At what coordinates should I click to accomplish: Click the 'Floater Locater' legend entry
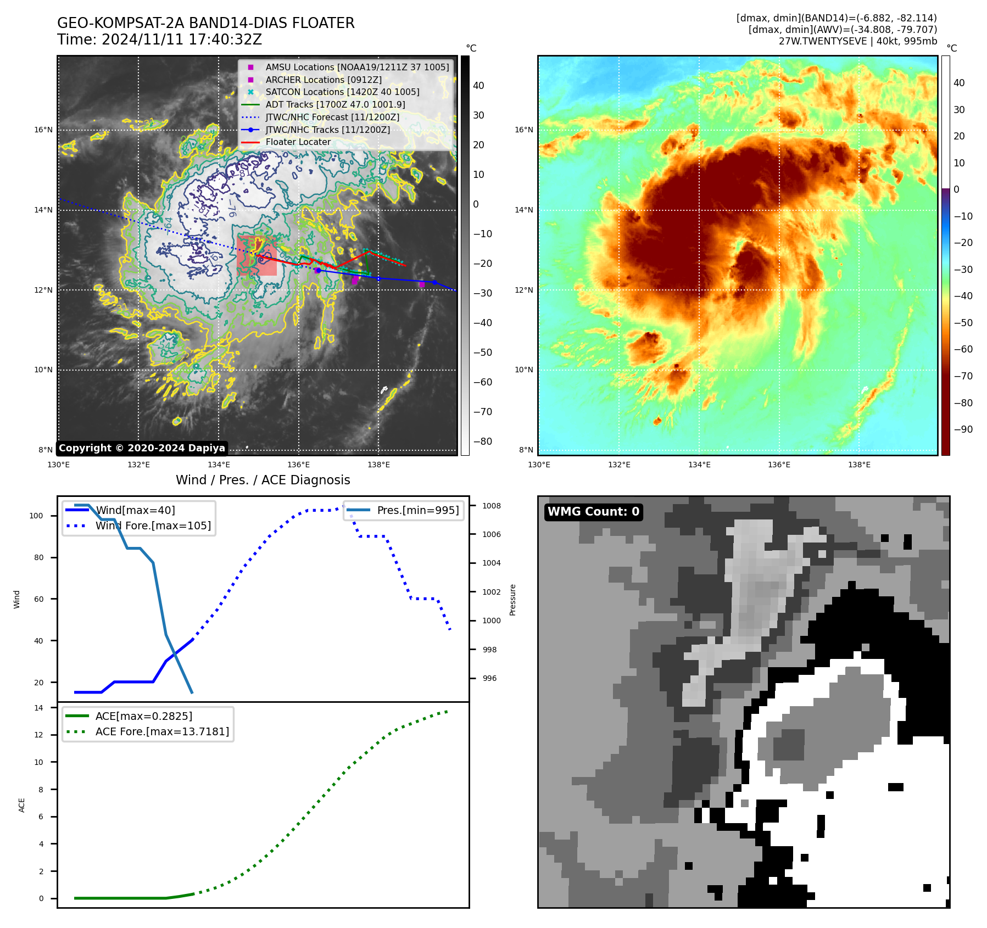[x=298, y=142]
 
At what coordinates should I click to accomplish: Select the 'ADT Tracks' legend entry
[x=335, y=104]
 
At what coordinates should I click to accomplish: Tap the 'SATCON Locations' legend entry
[x=342, y=92]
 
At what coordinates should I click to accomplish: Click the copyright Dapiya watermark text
[x=142, y=448]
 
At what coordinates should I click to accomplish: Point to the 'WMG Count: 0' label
[x=593, y=512]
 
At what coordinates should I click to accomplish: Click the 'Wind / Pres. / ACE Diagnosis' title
[x=263, y=480]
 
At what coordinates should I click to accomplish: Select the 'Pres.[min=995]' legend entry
[x=417, y=510]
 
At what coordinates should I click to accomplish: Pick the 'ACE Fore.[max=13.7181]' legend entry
[x=162, y=731]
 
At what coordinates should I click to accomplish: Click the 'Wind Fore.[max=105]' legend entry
[x=153, y=526]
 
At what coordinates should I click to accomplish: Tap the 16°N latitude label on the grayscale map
[x=43, y=130]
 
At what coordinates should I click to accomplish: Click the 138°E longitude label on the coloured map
[x=859, y=465]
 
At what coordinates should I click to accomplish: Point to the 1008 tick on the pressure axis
[x=492, y=506]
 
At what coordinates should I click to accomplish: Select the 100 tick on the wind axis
[x=36, y=516]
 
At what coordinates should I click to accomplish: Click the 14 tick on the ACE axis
[x=38, y=708]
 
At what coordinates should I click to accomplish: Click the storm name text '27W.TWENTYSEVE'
[x=822, y=41]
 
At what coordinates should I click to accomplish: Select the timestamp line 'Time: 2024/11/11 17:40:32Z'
[x=159, y=40]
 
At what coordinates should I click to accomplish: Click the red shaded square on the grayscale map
[x=256, y=255]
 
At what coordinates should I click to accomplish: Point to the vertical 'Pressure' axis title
[x=512, y=600]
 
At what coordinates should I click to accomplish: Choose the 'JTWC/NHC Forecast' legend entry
[x=332, y=117]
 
